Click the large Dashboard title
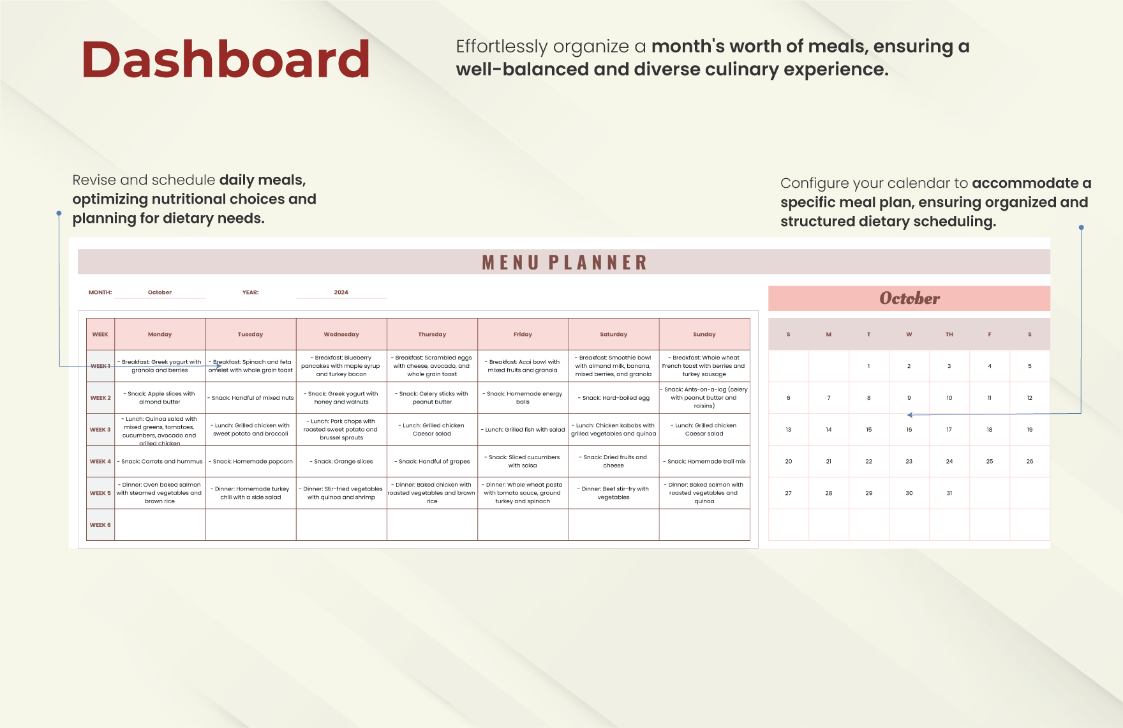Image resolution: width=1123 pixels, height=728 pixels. [226, 59]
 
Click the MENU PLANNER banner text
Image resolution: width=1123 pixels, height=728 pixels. [565, 262]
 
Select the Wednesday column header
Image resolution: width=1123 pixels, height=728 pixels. [341, 334]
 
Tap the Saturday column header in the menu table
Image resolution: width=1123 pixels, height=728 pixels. [614, 334]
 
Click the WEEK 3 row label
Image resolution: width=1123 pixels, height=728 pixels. [100, 430]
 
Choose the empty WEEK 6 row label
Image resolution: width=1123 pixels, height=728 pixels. [100, 525]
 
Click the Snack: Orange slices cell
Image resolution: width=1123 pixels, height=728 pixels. [341, 461]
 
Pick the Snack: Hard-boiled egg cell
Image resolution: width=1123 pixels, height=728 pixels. [614, 398]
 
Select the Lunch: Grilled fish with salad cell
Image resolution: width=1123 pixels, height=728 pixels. [523, 430]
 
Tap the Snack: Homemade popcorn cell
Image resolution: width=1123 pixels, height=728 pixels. [251, 461]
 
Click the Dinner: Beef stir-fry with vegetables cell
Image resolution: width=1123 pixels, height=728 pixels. [614, 493]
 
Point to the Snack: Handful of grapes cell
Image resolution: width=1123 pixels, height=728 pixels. [433, 461]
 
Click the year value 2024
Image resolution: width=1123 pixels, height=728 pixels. [341, 292]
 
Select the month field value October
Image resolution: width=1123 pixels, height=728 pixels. [160, 292]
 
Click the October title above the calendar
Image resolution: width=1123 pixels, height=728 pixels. [909, 298]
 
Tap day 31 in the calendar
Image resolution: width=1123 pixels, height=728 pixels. [949, 493]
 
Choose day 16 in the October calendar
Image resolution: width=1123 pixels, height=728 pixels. [909, 430]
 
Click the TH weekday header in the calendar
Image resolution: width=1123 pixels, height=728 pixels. [949, 335]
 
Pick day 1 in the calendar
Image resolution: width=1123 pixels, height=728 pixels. [869, 366]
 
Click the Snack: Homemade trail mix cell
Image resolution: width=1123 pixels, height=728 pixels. [704, 461]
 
